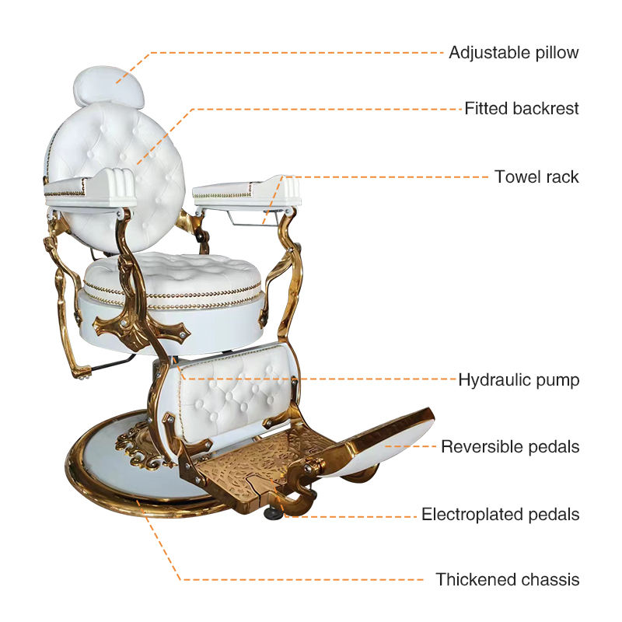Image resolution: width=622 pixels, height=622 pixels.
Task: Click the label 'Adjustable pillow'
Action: [513, 53]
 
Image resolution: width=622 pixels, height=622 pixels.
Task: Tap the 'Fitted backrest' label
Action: [522, 109]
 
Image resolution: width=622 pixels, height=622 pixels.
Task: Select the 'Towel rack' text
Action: [536, 177]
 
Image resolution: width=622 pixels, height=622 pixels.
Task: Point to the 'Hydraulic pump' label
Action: [518, 380]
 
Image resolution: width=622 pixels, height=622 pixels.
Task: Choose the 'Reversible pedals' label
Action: [510, 447]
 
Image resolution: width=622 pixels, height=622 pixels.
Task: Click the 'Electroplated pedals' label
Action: [500, 515]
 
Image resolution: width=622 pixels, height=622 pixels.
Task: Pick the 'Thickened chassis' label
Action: [507, 579]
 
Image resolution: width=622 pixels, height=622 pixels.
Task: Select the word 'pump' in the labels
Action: [560, 380]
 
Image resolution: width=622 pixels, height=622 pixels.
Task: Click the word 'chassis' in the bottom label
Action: [551, 579]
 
